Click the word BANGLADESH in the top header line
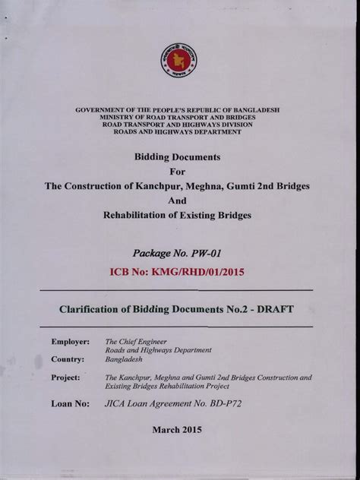point(254,110)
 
